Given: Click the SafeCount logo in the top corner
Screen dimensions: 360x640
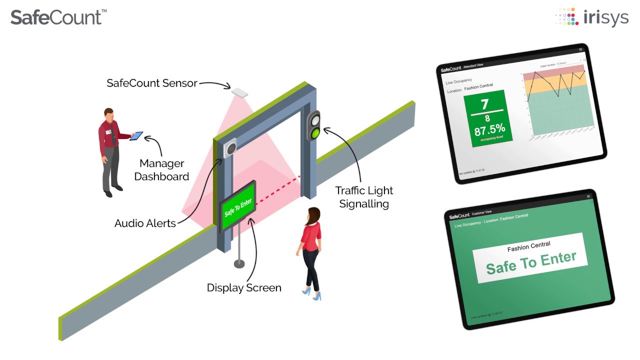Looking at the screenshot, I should (58, 17).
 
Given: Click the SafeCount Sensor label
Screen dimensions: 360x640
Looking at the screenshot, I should (152, 83).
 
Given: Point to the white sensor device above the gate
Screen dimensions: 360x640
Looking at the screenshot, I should (239, 91).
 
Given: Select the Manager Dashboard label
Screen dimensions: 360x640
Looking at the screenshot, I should (161, 170).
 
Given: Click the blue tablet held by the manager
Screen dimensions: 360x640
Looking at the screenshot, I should (136, 136).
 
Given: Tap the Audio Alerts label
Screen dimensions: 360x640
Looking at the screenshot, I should (145, 223).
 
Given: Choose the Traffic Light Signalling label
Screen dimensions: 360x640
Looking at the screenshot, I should (364, 197).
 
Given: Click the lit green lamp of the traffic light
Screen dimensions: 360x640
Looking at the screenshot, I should (314, 133).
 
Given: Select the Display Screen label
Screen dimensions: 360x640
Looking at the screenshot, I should (244, 288).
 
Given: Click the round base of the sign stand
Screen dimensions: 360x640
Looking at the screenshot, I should (239, 263).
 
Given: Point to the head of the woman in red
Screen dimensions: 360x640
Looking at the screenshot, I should (313, 215).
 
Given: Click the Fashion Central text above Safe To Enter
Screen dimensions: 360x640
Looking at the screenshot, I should (528, 246).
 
